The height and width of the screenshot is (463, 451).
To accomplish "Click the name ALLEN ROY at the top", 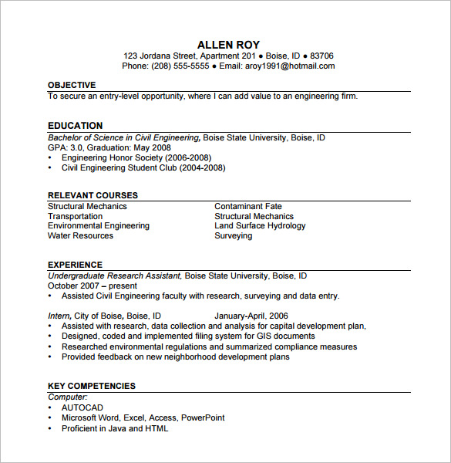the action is (x=228, y=45).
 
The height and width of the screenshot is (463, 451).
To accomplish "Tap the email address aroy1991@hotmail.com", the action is (x=291, y=66).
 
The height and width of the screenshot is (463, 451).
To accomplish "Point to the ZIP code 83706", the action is (x=321, y=56).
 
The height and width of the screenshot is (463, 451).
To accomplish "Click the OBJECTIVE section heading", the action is (x=72, y=85).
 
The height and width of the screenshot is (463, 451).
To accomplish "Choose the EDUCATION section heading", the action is (x=75, y=126).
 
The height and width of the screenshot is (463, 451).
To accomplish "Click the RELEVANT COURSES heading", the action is (x=93, y=195).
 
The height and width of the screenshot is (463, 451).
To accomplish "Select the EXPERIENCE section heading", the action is (x=75, y=265).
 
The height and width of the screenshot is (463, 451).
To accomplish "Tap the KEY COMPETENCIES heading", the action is (x=91, y=386).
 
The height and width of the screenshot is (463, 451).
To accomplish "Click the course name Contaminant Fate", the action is (x=248, y=207).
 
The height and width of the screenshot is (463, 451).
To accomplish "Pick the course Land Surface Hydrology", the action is (x=260, y=226).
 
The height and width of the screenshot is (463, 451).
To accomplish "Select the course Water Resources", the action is (x=80, y=236).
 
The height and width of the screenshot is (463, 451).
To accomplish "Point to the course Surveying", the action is (x=233, y=236).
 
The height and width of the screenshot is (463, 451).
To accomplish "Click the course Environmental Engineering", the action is (x=99, y=226).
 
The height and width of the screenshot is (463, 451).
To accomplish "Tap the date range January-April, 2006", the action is (x=251, y=316).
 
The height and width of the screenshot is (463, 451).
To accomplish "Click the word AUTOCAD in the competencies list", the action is (x=82, y=407).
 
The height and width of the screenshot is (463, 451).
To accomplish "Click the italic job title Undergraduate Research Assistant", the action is (x=114, y=275).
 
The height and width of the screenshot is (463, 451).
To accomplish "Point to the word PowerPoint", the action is (x=203, y=417).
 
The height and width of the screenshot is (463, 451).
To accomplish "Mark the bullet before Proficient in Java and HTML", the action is (x=50, y=429).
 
